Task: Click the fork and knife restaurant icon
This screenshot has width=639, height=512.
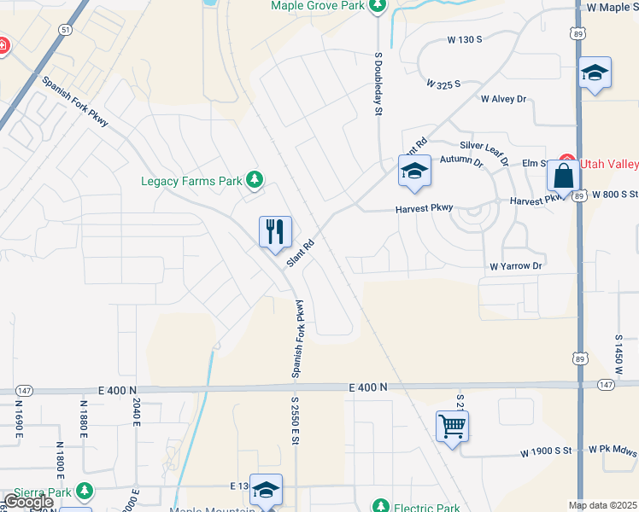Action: pos(275,231)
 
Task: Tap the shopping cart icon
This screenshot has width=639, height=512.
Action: pos(451,426)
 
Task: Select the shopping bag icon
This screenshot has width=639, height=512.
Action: pos(564,177)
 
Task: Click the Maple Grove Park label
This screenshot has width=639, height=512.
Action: pos(318,5)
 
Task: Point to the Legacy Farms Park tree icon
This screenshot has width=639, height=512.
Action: pos(254,180)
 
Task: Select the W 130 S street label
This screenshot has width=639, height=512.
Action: pos(466,39)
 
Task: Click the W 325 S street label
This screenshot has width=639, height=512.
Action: pos(443,84)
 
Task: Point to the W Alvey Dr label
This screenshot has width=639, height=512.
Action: pos(504,99)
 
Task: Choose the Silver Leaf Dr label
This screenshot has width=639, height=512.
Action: pos(484,151)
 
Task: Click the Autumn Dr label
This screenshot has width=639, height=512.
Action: pos(461,160)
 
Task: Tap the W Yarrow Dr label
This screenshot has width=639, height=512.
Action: pos(516,266)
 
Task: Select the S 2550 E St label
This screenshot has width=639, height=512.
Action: pos(295,421)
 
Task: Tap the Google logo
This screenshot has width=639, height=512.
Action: pos(28,502)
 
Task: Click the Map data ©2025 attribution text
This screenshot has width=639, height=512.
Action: pos(602,505)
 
